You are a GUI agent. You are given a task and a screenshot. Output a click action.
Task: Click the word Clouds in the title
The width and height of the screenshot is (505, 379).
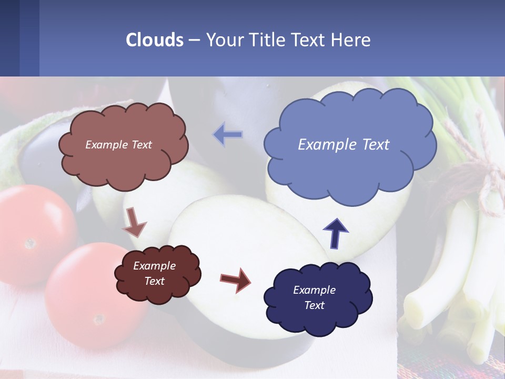click(155, 40)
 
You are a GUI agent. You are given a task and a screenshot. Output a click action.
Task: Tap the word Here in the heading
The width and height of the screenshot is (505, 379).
click(351, 40)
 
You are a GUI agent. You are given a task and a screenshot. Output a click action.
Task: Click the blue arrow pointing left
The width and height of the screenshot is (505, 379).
click(228, 135)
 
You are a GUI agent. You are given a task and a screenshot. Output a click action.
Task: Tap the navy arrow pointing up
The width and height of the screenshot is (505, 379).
click(336, 232)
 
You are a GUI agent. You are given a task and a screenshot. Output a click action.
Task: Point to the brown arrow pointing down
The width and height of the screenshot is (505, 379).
click(134, 222)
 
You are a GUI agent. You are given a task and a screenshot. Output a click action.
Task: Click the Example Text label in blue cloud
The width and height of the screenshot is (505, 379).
click(344, 145)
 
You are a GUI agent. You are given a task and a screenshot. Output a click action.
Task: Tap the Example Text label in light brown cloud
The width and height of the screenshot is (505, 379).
click(118, 145)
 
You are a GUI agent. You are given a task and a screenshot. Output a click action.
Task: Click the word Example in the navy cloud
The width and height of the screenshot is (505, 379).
click(314, 290)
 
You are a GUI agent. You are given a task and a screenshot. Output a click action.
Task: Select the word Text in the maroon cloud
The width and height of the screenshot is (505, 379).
click(155, 281)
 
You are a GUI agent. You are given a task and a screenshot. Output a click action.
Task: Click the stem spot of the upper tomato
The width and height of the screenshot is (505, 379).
click(30, 243)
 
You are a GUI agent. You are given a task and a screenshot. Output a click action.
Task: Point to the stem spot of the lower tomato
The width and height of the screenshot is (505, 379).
click(98, 319)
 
